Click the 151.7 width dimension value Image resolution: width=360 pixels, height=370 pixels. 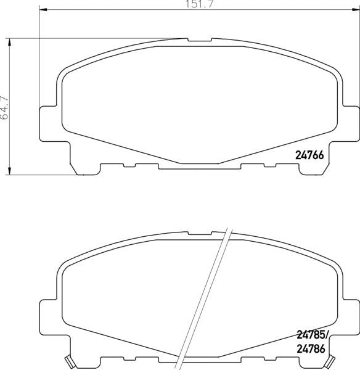tap(200, 4)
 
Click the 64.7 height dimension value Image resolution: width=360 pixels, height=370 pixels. tap(5, 107)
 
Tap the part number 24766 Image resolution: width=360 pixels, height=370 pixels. tap(309, 155)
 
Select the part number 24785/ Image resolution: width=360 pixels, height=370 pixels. tap(312, 335)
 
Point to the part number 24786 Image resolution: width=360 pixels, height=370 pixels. tap(311, 349)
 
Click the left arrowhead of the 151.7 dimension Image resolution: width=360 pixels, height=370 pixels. tap(43, 10)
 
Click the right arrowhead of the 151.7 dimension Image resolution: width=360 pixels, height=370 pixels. tap(356, 10)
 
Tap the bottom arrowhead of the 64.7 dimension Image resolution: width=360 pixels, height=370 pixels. tap(9, 171)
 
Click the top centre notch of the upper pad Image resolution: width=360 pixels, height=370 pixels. tap(200, 40)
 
